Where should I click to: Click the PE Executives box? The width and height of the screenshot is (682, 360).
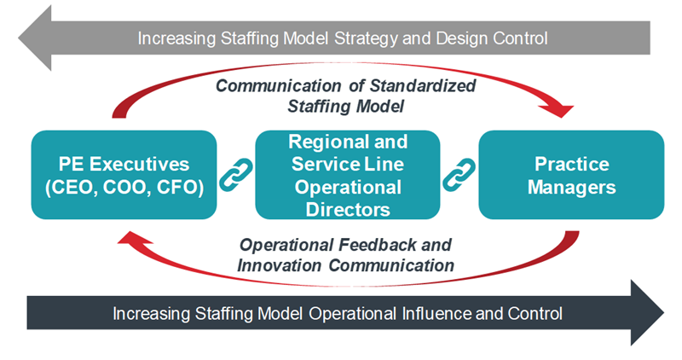pyautogui.click(x=124, y=175)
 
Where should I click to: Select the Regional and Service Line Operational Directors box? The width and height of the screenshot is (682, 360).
pyautogui.click(x=348, y=175)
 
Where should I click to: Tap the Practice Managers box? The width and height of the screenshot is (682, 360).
pyautogui.click(x=571, y=175)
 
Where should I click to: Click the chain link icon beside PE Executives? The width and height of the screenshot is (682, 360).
pyautogui.click(x=236, y=175)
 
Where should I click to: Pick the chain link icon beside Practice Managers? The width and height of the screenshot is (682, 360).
pyautogui.click(x=459, y=175)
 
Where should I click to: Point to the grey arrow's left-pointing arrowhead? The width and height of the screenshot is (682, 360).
pyautogui.click(x=35, y=38)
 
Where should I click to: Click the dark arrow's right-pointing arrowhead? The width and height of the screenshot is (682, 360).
pyautogui.click(x=648, y=312)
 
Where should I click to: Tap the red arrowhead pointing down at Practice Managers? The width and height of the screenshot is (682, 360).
pyautogui.click(x=560, y=111)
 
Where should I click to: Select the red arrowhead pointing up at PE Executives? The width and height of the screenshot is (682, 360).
pyautogui.click(x=136, y=238)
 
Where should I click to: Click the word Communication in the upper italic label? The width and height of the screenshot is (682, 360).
pyautogui.click(x=279, y=85)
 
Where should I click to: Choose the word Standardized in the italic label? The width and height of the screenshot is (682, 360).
pyautogui.click(x=422, y=85)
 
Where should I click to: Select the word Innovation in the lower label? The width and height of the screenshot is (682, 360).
pyautogui.click(x=279, y=265)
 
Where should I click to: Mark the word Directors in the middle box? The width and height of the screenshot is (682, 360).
pyautogui.click(x=348, y=209)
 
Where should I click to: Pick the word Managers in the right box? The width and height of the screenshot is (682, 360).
pyautogui.click(x=571, y=187)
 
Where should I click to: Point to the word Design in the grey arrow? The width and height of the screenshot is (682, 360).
pyautogui.click(x=462, y=38)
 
